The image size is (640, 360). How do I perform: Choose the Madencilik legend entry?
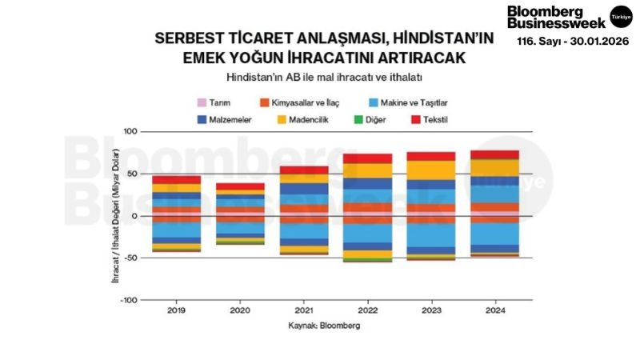[x=310, y=119]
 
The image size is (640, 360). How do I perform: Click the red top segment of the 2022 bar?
[x=367, y=158]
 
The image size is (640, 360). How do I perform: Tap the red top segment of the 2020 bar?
[x=240, y=186]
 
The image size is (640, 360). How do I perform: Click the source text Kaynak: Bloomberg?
[x=324, y=326]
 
